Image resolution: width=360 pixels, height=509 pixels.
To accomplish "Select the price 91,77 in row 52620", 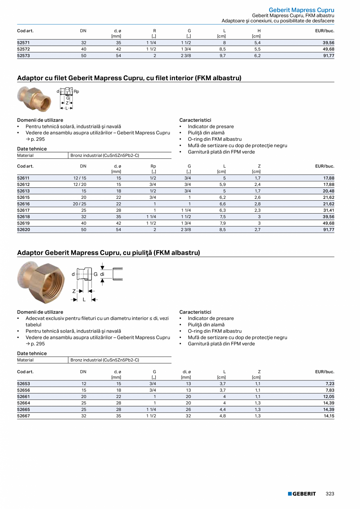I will [328, 230].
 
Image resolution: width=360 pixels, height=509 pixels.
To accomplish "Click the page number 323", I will [330, 494].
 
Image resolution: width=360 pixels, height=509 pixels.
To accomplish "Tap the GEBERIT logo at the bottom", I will [302, 494].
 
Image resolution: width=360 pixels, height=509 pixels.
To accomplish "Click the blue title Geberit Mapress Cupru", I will [301, 10].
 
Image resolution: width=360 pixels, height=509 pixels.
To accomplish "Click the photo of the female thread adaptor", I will [34, 99].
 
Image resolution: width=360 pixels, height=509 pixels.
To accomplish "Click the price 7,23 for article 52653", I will [329, 384].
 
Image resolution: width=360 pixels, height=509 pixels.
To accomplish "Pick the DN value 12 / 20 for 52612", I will [80, 185].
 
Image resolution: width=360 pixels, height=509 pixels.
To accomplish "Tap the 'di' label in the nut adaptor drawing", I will [102, 274].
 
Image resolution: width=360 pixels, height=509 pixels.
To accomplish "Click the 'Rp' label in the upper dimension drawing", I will [76, 92].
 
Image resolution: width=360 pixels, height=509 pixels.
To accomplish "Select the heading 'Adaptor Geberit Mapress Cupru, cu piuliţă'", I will [108, 253].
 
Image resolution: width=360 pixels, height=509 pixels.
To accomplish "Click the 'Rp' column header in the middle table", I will [153, 166].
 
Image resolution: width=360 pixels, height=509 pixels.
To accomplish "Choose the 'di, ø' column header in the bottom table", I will [187, 372].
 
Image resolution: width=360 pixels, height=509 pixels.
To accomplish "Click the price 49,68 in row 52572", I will [328, 49].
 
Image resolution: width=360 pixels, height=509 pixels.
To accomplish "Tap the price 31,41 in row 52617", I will [328, 210].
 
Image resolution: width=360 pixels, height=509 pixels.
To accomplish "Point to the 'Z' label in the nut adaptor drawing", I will [74, 291].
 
